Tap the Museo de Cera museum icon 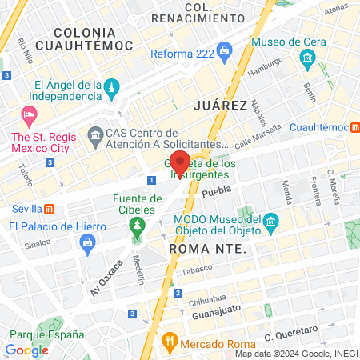[307, 58]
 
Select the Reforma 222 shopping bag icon [224, 54]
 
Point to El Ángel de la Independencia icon [112, 86]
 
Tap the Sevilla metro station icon [50, 210]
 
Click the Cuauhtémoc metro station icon [354, 127]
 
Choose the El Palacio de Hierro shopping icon [87, 242]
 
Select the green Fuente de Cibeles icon [138, 226]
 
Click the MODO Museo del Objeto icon [270, 220]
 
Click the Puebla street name [216, 193]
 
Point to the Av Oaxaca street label [106, 277]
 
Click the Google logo [26, 350]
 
